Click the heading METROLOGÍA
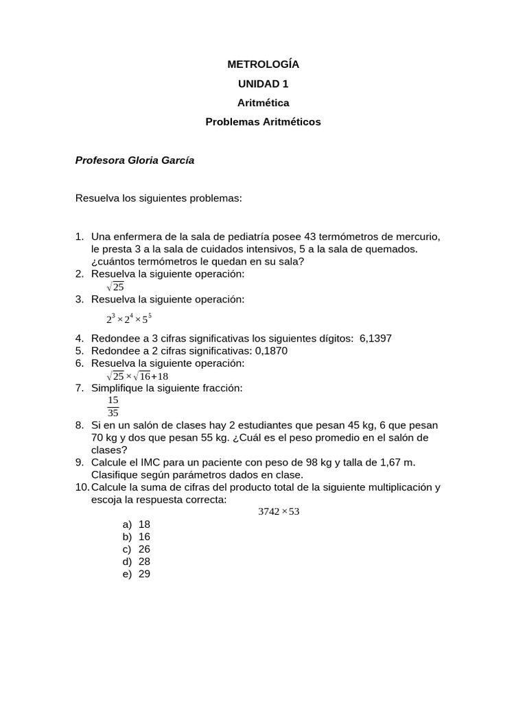point(263,65)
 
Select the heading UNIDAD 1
point(263,84)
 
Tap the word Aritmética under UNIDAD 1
point(263,104)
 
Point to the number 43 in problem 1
point(302,237)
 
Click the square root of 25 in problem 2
point(115,287)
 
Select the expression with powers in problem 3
point(129,318)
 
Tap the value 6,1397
point(375,338)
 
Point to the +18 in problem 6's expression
point(159,376)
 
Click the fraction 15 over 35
point(113,407)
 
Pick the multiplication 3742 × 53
point(279,512)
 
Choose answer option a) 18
point(137,524)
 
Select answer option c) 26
point(137,549)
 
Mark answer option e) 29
point(137,574)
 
